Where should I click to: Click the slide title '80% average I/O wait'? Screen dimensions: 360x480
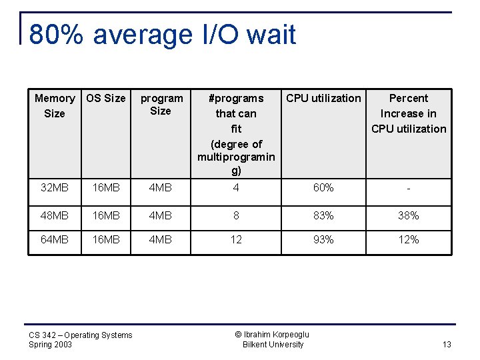tap(162, 35)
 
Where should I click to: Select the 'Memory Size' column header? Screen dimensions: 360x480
tap(55, 106)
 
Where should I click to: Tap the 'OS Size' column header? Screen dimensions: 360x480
tap(106, 99)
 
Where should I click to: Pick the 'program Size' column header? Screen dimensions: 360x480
tap(161, 105)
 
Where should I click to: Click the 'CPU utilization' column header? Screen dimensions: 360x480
tap(323, 99)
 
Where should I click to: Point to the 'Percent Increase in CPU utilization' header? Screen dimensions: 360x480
tap(408, 113)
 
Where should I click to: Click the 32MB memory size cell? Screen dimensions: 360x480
tap(55, 188)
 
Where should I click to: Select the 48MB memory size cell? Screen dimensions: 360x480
tap(55, 216)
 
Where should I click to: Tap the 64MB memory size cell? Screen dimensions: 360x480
tap(55, 239)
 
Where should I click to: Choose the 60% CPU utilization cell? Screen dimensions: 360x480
tap(323, 188)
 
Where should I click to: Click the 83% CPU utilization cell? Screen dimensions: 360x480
tap(323, 216)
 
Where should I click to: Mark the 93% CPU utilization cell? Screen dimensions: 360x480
tap(323, 239)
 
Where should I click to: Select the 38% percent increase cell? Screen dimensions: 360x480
tap(408, 216)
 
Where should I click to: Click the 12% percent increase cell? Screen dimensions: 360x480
tap(408, 239)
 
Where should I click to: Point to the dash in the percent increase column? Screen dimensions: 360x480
tap(408, 188)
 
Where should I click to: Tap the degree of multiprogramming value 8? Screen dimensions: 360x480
tap(236, 216)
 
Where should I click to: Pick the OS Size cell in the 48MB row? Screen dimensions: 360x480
tap(106, 216)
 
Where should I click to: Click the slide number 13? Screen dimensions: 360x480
tap(446, 345)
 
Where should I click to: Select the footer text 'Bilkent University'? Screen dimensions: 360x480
tap(273, 345)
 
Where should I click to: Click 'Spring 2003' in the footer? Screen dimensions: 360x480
tap(51, 345)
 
